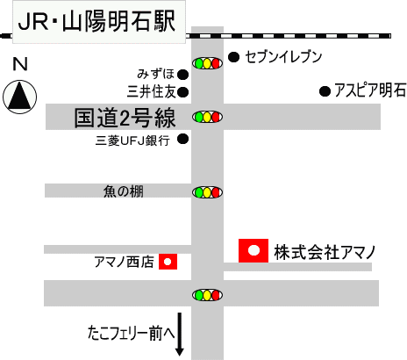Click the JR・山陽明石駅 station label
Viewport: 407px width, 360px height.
96,21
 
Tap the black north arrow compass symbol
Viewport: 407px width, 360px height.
20,97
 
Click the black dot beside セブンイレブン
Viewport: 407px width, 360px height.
233,57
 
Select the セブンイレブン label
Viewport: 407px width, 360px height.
283,57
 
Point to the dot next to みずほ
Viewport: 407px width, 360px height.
183,75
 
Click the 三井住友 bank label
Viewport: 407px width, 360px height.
151,91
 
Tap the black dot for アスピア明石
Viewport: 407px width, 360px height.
325,91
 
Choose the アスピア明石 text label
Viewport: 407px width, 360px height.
370,90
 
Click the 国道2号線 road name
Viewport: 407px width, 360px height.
125,118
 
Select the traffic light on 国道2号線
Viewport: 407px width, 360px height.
207,117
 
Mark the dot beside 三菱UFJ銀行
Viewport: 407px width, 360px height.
183,139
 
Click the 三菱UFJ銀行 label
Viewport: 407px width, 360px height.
132,140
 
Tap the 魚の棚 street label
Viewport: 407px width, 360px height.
124,191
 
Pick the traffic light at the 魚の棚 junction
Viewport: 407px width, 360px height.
207,192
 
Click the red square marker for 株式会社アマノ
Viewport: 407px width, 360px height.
253,250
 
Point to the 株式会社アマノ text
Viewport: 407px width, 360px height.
325,253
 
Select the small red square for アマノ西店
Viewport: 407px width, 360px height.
168,262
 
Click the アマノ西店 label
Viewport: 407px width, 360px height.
124,262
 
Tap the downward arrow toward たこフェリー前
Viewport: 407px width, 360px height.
180,335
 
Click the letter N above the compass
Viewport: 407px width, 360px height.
20,64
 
